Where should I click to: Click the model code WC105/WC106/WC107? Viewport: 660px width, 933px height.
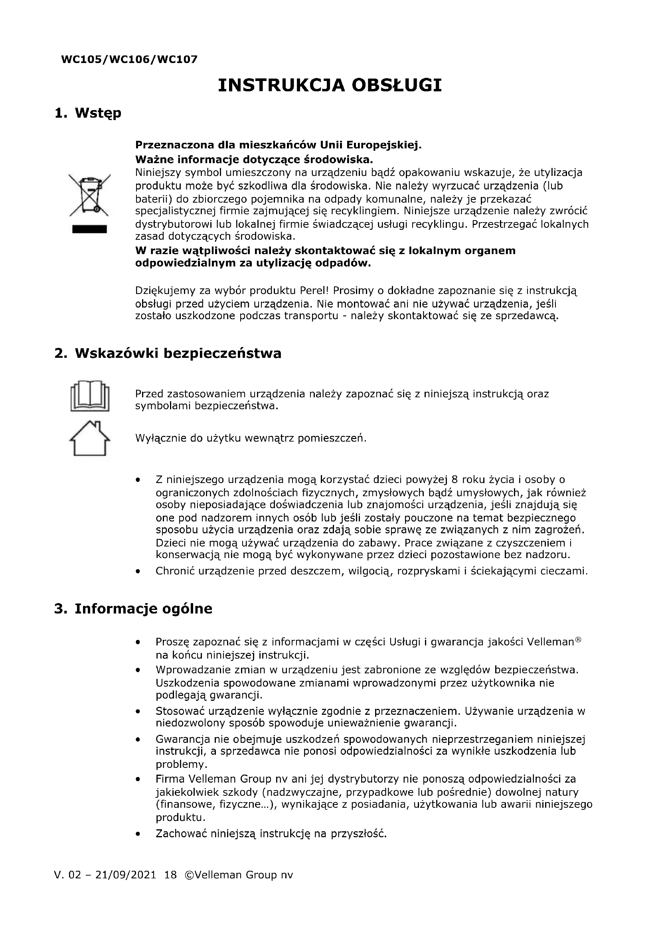coord(129,59)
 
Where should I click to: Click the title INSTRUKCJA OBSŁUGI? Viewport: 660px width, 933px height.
coord(330,85)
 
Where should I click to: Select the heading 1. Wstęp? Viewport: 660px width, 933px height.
coord(88,112)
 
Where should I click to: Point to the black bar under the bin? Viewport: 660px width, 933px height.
coord(89,229)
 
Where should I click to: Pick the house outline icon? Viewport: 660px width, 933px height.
coord(90,439)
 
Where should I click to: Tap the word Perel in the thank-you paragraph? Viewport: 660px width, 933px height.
coord(312,290)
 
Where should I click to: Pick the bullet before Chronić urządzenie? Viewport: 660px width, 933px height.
coord(138,571)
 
